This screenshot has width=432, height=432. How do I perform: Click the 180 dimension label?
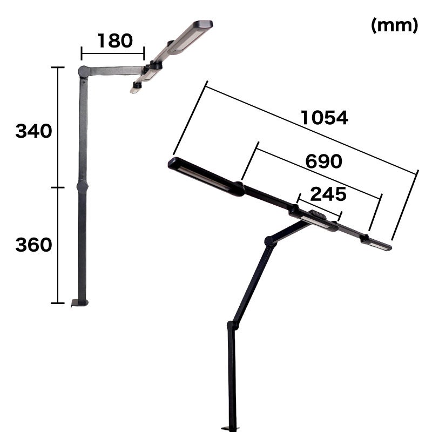pyautogui.click(x=115, y=41)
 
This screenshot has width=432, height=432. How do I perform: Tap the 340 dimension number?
pyautogui.click(x=33, y=131)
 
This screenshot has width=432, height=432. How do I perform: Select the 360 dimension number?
pyautogui.click(x=33, y=245)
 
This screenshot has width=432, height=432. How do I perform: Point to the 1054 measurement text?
pyautogui.click(x=325, y=118)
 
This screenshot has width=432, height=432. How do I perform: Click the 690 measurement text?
pyautogui.click(x=323, y=161)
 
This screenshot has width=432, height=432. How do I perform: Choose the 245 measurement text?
pyautogui.click(x=328, y=194)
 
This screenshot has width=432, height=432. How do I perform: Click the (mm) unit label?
pyautogui.click(x=395, y=25)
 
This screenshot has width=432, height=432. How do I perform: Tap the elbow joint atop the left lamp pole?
pyautogui.click(x=83, y=72)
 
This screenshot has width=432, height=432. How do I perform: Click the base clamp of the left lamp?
pyautogui.click(x=79, y=303)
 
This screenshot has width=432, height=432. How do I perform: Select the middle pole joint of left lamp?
pyautogui.click(x=83, y=186)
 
